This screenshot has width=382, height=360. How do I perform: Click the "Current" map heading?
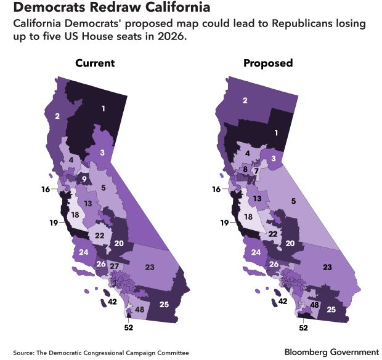(x=95, y=63)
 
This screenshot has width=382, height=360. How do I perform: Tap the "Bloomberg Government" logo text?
(x=331, y=351)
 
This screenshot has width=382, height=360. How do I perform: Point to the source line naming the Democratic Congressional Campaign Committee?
(x=100, y=352)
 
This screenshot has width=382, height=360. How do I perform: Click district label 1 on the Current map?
(x=103, y=109)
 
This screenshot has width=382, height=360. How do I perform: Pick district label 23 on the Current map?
(x=149, y=266)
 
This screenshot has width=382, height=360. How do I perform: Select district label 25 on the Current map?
(x=164, y=305)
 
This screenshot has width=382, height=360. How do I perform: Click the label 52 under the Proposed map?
(x=303, y=328)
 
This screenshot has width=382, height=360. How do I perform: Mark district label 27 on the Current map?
(x=115, y=265)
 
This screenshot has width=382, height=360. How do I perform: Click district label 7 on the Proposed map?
(x=256, y=170)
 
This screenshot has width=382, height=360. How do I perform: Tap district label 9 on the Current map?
(x=84, y=178)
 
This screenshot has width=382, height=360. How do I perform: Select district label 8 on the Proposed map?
(x=245, y=169)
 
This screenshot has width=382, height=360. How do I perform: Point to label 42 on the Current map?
(x=112, y=302)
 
